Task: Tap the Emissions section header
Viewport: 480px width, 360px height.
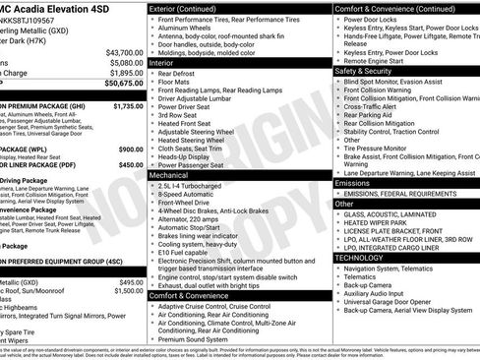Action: tap(352, 183)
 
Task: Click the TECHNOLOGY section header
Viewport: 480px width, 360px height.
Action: tap(360, 257)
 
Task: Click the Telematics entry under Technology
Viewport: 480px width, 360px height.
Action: tap(363, 277)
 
